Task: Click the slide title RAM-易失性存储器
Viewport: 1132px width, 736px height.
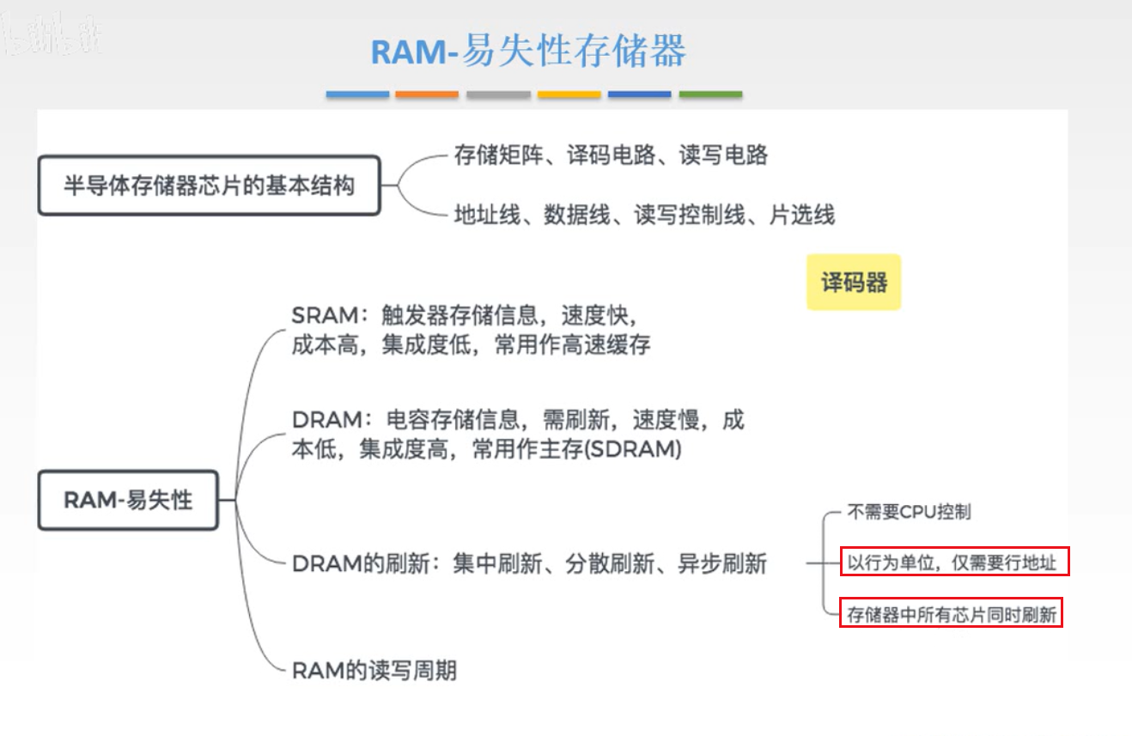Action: (528, 52)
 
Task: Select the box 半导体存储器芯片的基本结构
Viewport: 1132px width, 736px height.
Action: (209, 186)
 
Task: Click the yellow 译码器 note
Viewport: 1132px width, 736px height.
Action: (854, 282)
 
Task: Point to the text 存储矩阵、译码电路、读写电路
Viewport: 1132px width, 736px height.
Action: (611, 155)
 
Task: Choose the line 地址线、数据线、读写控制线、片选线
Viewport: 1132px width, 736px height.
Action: (644, 215)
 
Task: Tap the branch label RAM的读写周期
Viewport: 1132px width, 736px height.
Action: (374, 671)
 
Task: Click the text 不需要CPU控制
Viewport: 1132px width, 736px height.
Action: (910, 513)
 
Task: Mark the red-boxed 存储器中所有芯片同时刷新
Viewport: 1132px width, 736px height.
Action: (951, 614)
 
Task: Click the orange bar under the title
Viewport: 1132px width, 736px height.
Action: (427, 94)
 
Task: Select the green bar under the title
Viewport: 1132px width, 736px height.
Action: (710, 94)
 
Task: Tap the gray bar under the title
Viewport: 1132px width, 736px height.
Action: (498, 94)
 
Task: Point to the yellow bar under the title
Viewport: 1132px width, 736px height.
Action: (569, 94)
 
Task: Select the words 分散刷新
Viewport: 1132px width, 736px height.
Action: (610, 564)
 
